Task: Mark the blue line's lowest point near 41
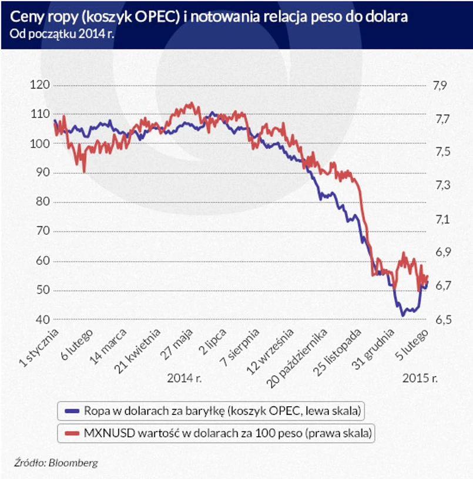coord(402,316)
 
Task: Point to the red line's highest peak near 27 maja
coord(189,103)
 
